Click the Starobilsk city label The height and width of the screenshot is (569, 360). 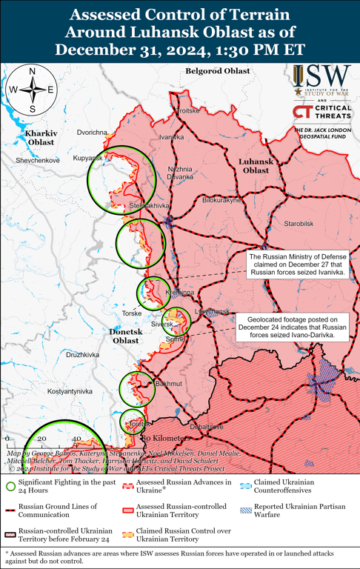(299, 223)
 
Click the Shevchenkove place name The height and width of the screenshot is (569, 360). (38, 160)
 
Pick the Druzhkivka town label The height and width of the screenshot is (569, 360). (82, 355)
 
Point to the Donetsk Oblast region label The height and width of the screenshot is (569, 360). (120, 336)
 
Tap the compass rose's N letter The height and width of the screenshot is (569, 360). (31, 71)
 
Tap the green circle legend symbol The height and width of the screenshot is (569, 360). (10, 487)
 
